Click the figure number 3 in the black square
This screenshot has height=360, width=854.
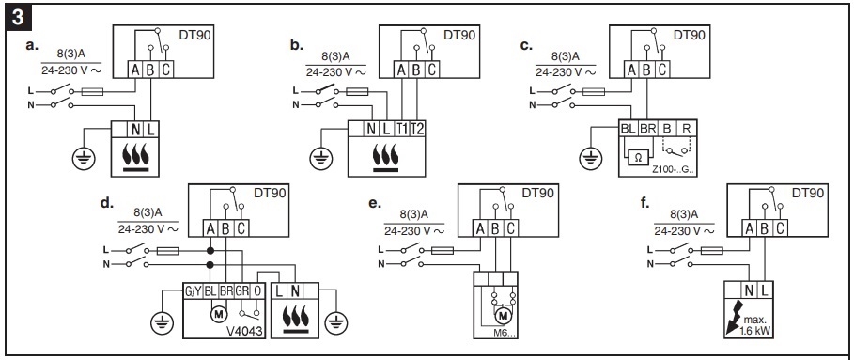tap(16, 17)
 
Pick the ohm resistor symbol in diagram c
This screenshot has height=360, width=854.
tap(638, 156)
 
